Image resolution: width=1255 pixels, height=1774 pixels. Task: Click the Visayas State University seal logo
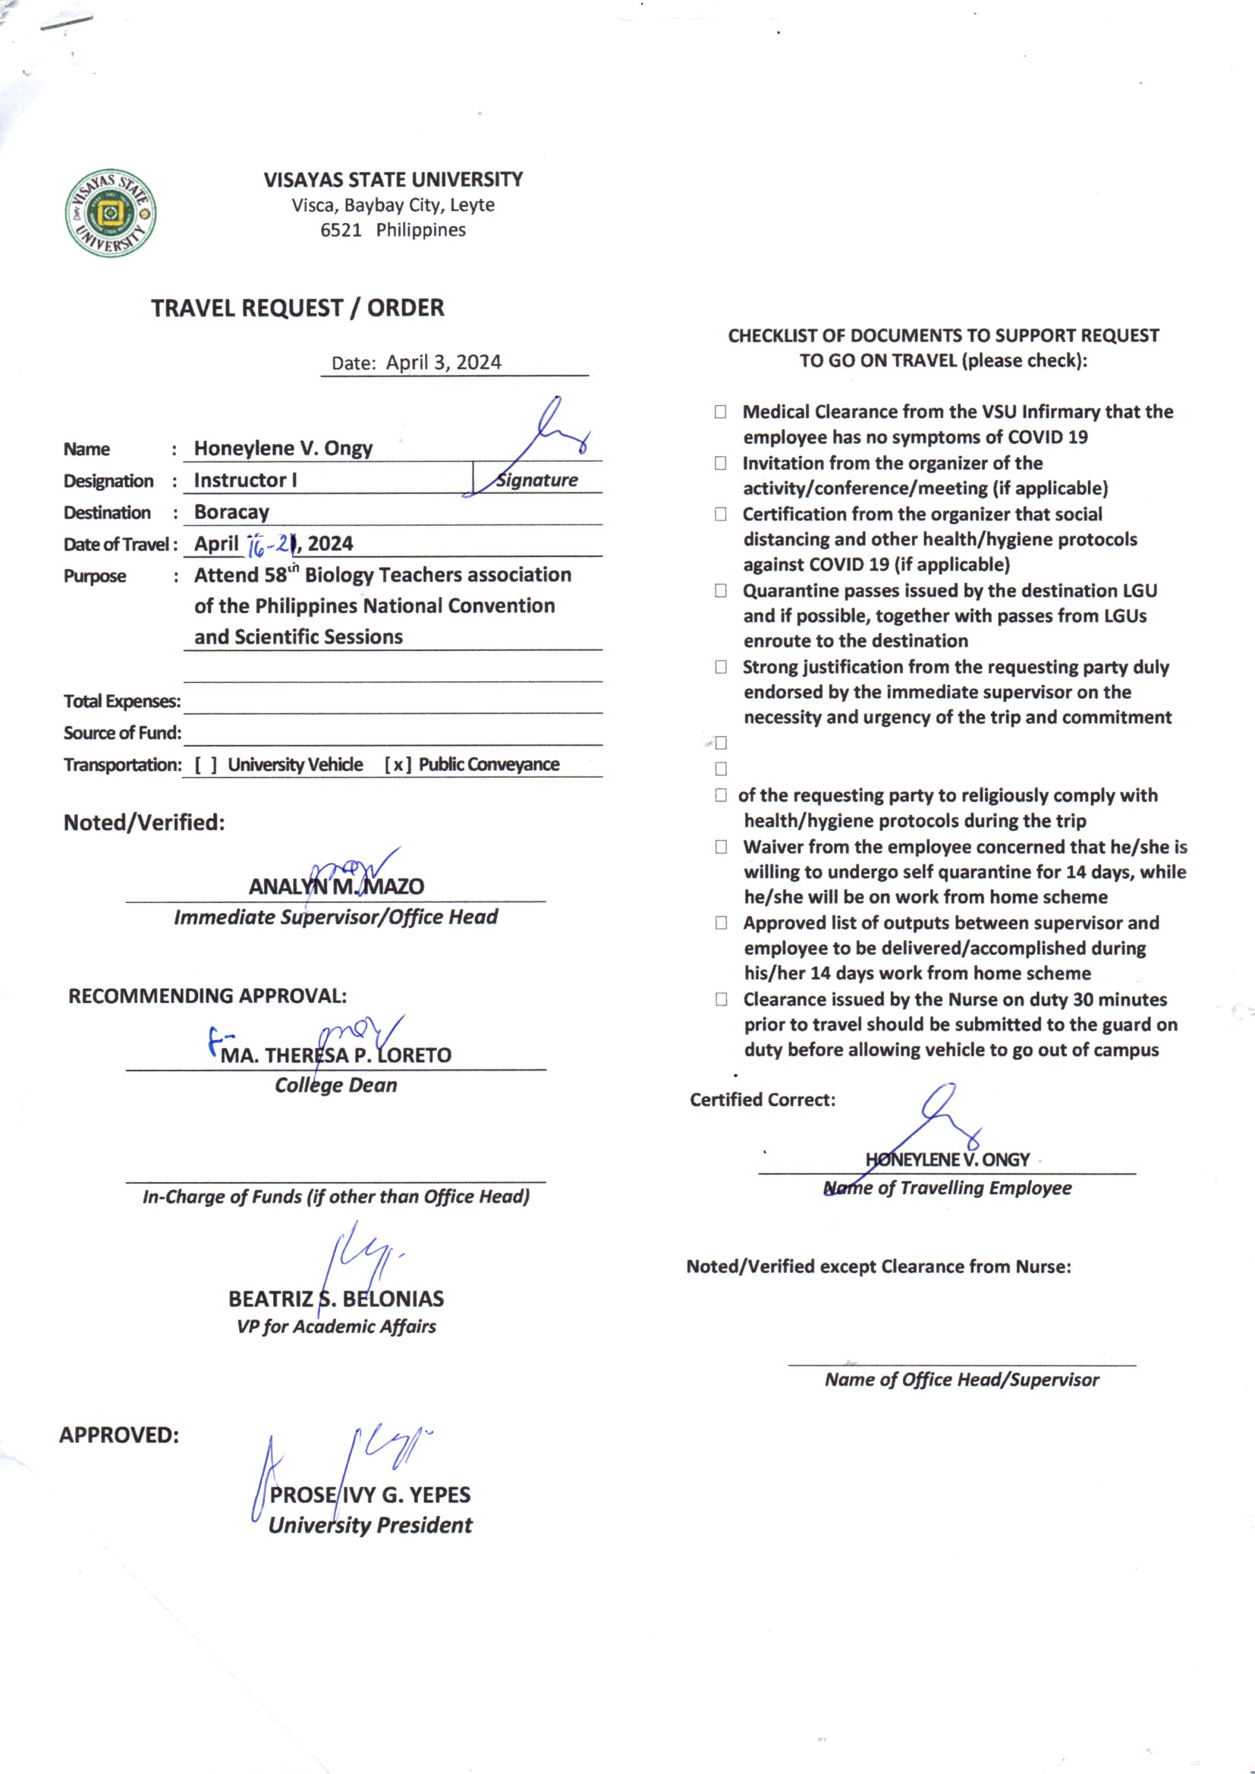click(111, 213)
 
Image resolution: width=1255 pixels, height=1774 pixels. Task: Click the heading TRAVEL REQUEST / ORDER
click(297, 308)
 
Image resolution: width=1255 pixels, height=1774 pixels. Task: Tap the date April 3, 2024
click(444, 363)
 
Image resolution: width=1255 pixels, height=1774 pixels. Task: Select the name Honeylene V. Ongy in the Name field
click(283, 448)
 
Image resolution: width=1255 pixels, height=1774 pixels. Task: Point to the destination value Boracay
click(232, 512)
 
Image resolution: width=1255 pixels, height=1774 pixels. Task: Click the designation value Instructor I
click(245, 480)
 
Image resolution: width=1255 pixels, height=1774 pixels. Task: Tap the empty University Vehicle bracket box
click(206, 765)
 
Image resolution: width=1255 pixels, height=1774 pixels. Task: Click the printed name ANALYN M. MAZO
click(336, 886)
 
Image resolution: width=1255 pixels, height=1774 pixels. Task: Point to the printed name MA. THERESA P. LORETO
click(336, 1055)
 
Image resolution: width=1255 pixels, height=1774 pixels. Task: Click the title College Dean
click(336, 1086)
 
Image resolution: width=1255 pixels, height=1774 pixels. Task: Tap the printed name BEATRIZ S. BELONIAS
click(336, 1299)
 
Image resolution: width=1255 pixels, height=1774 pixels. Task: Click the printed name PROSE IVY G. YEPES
click(370, 1495)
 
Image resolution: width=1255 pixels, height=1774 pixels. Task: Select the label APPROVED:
click(119, 1435)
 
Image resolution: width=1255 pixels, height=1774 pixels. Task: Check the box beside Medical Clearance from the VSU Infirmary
click(720, 412)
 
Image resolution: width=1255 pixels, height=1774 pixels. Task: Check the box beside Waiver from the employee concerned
click(721, 847)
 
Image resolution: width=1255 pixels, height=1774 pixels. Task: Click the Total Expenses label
click(122, 702)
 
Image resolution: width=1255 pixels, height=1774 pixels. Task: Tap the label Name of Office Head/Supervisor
click(961, 1379)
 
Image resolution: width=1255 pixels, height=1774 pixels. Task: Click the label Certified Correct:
click(763, 1099)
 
